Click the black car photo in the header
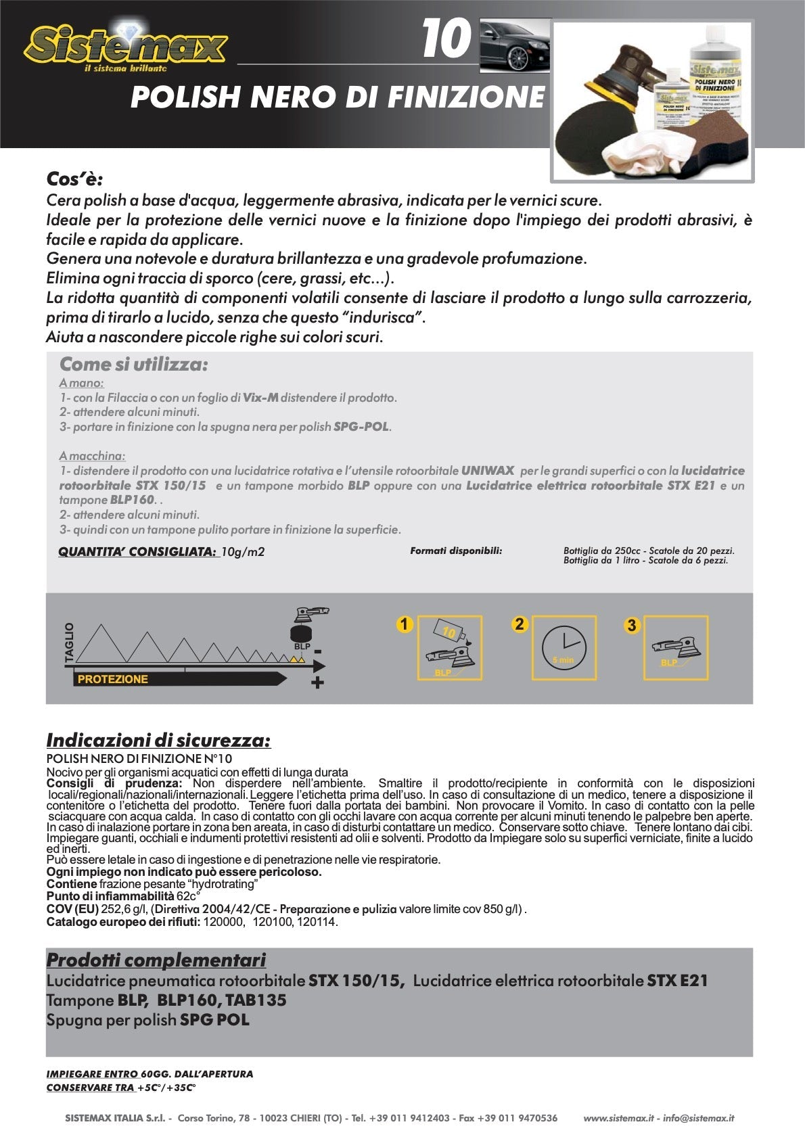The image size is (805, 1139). point(514,46)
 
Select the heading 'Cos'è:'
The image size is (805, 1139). point(74,179)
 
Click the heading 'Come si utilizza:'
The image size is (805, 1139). point(133,365)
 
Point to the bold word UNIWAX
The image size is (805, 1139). point(488,471)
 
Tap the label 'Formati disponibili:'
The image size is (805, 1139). point(456,551)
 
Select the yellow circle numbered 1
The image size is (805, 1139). point(404,624)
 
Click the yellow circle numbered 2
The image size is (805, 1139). point(519,624)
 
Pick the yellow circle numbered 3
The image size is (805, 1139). point(631,625)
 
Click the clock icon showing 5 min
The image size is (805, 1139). point(563,647)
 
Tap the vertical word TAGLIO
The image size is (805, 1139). point(68,643)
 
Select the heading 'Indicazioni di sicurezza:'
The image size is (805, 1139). point(158,741)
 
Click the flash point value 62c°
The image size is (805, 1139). point(189,896)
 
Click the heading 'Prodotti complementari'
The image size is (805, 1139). point(156,960)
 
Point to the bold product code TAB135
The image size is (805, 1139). point(256,1000)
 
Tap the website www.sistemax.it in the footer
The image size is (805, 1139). point(618,1118)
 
